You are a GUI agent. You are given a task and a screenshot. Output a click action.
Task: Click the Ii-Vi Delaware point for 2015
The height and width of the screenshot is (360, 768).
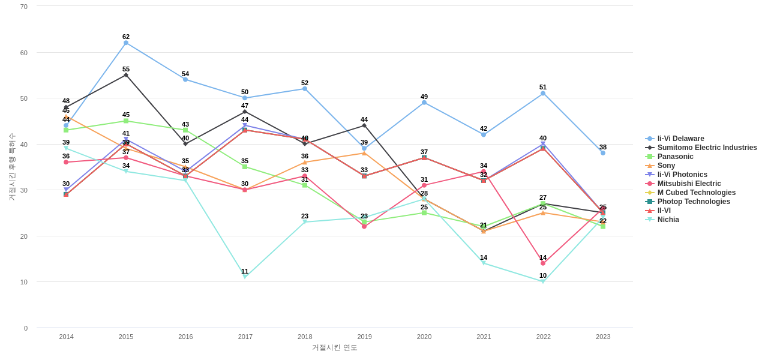click(x=126, y=43)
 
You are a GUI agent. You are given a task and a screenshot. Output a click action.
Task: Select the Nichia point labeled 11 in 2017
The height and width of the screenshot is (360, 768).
click(x=245, y=277)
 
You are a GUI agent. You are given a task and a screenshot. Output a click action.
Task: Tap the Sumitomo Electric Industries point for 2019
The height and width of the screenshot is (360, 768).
click(x=364, y=125)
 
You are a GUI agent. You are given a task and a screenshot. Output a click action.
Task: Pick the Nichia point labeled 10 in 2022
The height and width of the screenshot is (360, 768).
click(x=543, y=281)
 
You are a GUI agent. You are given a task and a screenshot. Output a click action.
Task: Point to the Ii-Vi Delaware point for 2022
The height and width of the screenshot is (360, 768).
click(x=543, y=93)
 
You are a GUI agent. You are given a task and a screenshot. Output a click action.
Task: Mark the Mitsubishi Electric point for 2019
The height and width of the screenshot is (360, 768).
click(x=364, y=226)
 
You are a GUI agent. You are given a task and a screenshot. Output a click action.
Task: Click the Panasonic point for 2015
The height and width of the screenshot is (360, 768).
click(x=126, y=121)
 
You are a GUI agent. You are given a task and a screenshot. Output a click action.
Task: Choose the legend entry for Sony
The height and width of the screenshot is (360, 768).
click(x=666, y=166)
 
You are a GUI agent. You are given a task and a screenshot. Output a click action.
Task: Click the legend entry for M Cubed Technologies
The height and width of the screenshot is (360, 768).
click(x=696, y=193)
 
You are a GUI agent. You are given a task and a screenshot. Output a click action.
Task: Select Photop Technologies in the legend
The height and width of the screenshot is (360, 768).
click(x=694, y=202)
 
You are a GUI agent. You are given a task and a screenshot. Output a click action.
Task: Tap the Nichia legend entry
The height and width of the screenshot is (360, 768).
click(x=668, y=220)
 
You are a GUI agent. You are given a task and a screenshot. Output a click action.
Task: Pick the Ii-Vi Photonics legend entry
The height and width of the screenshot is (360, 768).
click(x=682, y=175)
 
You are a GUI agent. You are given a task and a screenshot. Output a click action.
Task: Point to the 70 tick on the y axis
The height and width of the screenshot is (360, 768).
click(x=24, y=7)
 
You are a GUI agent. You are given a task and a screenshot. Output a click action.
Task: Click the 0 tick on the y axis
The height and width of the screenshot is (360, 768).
click(x=26, y=328)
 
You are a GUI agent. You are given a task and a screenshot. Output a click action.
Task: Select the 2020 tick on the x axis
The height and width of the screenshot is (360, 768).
click(x=424, y=337)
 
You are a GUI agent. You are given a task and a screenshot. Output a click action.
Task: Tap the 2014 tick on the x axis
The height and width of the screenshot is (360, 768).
click(x=67, y=337)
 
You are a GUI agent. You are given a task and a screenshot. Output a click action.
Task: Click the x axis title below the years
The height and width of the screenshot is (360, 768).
click(x=335, y=347)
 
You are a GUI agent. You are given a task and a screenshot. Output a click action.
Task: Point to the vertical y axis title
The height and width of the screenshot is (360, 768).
click(x=11, y=167)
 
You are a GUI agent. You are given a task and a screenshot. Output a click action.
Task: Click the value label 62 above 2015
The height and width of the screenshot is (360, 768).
click(x=126, y=37)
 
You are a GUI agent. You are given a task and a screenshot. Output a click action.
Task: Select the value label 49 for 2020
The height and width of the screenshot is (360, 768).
click(x=424, y=97)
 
